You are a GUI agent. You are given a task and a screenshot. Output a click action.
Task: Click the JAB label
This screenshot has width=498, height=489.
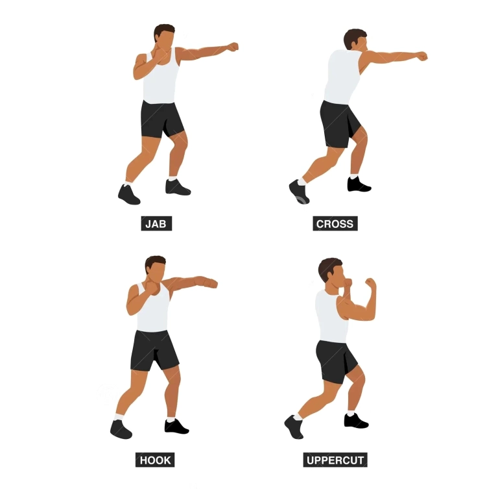(x=156, y=223)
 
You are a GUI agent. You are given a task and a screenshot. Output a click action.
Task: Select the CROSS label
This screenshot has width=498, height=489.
(x=335, y=223)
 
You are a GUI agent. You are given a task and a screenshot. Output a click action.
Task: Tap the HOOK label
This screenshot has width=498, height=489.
(x=155, y=460)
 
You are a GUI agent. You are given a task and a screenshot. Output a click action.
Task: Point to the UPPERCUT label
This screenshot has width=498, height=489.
(x=335, y=460)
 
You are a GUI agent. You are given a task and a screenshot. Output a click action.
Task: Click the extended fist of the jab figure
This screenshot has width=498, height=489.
(x=233, y=47)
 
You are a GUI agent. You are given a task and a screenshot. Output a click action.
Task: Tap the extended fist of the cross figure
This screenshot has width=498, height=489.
(x=421, y=56)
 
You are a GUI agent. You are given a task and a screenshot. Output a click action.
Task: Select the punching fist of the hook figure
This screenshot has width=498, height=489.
(x=211, y=283)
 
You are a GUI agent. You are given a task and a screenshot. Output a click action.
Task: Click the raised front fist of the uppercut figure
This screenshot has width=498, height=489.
(x=371, y=282)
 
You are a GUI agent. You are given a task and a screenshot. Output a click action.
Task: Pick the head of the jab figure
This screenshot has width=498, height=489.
(x=165, y=36)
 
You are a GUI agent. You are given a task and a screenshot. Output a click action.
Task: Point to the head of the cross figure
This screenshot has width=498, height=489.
(x=356, y=40)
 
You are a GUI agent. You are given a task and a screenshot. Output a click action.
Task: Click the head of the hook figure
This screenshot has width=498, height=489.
(x=156, y=268)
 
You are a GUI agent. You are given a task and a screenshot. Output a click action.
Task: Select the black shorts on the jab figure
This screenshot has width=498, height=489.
(x=161, y=119)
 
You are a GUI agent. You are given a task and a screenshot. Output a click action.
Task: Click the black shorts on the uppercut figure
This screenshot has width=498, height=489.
(x=337, y=361)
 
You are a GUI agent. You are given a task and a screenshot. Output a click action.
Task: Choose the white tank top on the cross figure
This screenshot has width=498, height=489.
(x=342, y=77)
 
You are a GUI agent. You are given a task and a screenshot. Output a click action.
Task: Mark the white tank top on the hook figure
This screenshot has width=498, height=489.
(x=152, y=308)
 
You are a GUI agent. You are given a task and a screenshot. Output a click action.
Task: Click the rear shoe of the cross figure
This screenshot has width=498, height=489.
(x=298, y=192)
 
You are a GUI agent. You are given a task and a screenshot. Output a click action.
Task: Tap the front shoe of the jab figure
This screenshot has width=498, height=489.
(x=177, y=187)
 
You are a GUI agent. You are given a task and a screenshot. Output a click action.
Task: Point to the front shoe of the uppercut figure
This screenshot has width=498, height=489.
(x=356, y=421)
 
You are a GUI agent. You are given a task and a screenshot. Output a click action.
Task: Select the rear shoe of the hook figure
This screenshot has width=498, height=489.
(x=121, y=429)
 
